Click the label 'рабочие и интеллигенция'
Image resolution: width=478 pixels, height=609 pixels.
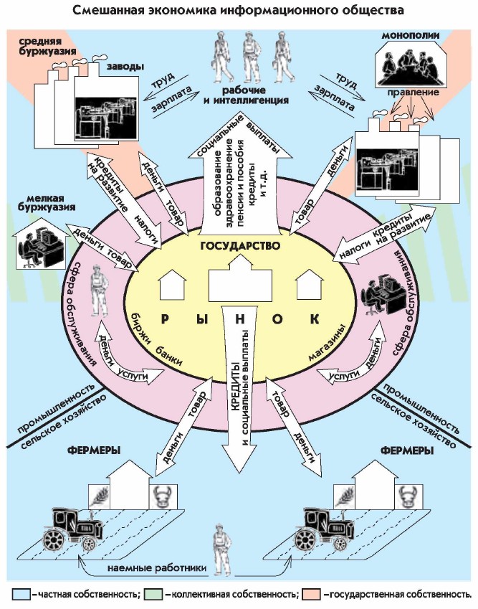click(246, 95)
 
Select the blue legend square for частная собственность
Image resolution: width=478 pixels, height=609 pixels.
click(19, 594)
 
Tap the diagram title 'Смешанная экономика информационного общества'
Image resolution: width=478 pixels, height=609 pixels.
click(239, 10)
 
